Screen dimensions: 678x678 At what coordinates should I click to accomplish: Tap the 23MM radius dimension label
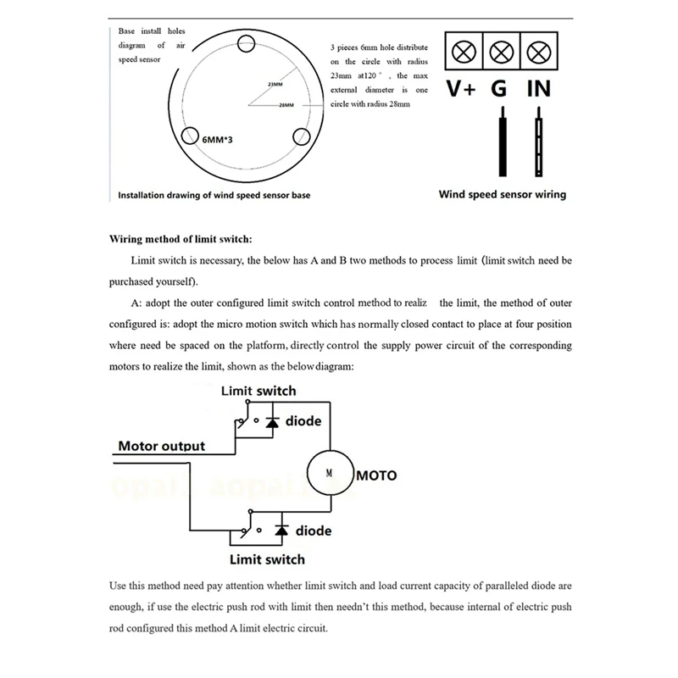(x=275, y=85)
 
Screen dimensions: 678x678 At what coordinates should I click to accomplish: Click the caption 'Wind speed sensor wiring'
(x=502, y=194)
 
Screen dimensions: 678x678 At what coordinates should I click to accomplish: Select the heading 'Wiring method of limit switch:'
(x=181, y=240)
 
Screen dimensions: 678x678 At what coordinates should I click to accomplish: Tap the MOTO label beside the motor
(x=375, y=475)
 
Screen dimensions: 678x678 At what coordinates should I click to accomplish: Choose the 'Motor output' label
(x=161, y=446)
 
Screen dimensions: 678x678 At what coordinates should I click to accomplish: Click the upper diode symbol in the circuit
(x=272, y=421)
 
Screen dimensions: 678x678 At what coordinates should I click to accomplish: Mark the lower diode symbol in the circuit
(x=281, y=531)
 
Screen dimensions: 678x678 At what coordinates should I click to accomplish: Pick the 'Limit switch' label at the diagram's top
(x=258, y=391)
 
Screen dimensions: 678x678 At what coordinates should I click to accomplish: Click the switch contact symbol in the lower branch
(x=246, y=531)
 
